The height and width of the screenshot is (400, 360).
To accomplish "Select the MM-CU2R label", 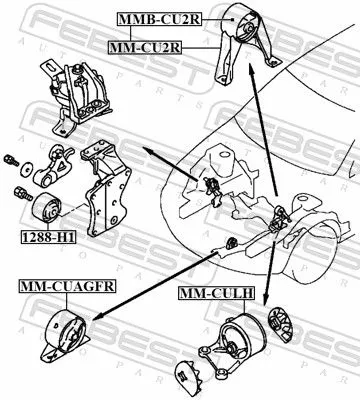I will pos(147,46).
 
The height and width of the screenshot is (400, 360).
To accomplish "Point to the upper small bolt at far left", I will pos(12,160).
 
